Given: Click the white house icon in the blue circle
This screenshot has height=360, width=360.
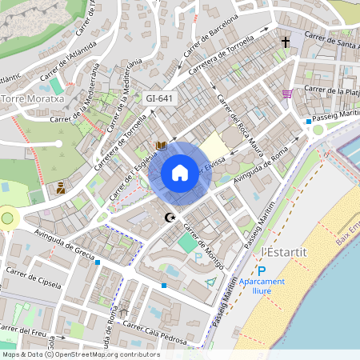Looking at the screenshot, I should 180,172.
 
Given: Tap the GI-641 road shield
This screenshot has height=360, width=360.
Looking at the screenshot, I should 160,98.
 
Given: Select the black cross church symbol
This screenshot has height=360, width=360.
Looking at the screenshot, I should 285,42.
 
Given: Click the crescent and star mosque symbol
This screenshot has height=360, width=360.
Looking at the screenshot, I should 170,217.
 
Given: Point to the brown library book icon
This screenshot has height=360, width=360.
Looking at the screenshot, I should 161,146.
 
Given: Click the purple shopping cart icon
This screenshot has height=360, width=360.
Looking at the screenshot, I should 287,94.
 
